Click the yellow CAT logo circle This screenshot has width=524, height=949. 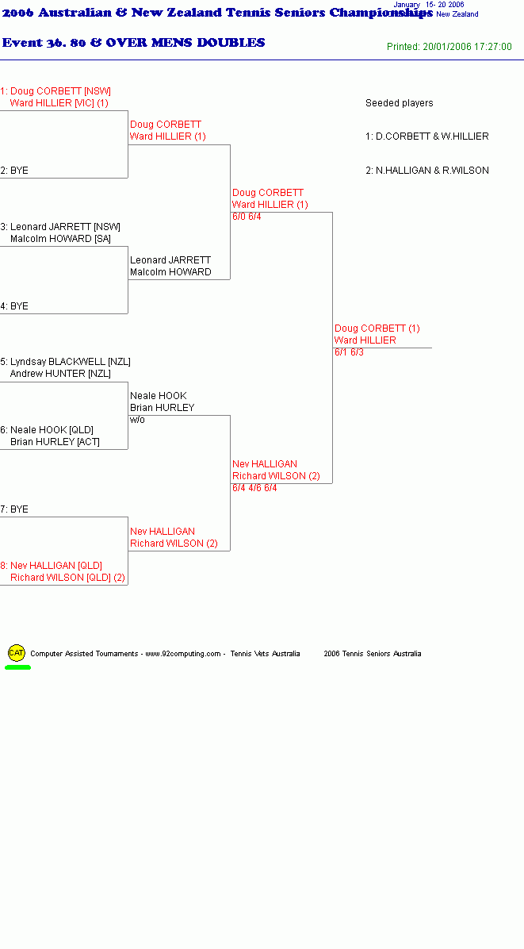[17, 652]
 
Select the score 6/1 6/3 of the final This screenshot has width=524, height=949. [350, 352]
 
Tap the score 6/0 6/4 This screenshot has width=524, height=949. [247, 217]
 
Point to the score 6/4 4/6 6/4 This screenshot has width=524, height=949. [254, 488]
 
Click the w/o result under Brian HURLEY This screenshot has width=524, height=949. [137, 420]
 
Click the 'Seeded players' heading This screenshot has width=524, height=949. [400, 103]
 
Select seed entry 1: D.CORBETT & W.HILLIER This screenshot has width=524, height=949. [427, 136]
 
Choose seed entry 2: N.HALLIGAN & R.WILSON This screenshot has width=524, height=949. [427, 171]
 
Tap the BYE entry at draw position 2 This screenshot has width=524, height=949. [14, 171]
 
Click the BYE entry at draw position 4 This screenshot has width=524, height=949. [14, 306]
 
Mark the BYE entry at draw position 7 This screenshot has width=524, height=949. [14, 509]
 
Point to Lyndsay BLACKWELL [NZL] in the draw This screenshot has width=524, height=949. [70, 362]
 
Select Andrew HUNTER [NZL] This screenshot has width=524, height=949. [60, 374]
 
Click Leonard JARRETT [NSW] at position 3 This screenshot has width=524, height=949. [65, 227]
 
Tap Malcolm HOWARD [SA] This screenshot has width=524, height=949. [59, 239]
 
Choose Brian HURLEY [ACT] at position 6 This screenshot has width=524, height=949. [55, 442]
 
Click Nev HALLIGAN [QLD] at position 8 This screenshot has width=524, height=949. [56, 566]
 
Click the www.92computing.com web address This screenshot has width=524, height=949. [183, 654]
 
